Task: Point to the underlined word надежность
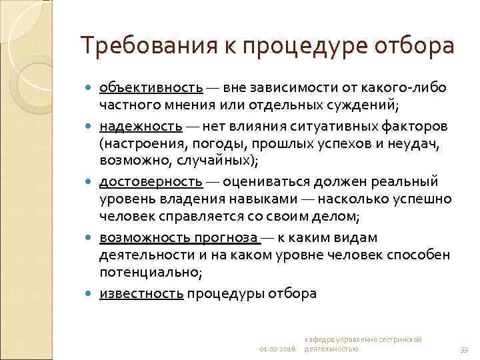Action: [x=140, y=125]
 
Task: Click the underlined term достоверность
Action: [x=151, y=181]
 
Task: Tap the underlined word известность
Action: [x=141, y=293]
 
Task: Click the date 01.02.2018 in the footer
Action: [x=278, y=349]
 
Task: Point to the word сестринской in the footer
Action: [x=400, y=339]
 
